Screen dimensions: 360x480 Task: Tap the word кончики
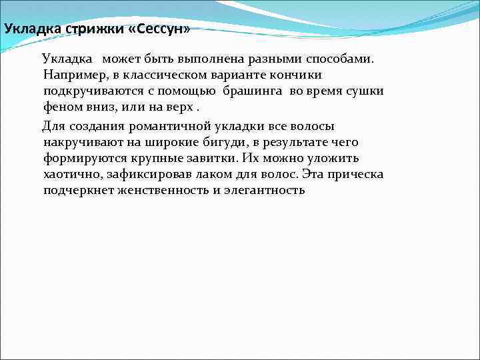(298, 75)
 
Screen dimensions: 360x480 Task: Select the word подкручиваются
(91, 91)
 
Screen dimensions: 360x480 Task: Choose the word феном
(61, 107)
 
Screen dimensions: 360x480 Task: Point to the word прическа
(353, 175)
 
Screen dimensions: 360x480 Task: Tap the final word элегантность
(265, 191)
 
